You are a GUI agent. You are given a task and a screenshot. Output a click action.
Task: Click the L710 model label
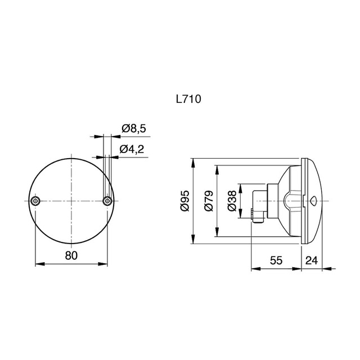click(x=188, y=99)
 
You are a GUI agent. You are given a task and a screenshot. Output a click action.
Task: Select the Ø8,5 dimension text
click(x=134, y=128)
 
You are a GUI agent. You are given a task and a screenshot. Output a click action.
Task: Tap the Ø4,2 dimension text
click(x=132, y=149)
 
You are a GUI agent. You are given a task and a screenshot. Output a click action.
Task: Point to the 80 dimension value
click(x=71, y=255)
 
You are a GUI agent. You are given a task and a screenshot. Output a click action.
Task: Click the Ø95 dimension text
click(x=185, y=200)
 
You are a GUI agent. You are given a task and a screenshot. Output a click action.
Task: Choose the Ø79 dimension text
click(x=209, y=200)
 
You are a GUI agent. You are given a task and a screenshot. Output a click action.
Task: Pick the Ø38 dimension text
click(x=232, y=200)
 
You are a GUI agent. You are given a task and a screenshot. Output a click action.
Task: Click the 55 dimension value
click(x=276, y=260)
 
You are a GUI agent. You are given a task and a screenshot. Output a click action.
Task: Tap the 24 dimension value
click(x=312, y=260)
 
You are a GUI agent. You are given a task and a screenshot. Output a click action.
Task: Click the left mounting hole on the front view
click(x=35, y=201)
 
